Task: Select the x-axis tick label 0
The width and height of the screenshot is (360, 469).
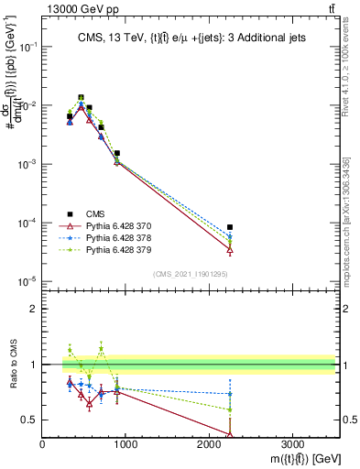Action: pyautogui.click(x=43, y=444)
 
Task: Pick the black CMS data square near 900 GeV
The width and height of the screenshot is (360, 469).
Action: pyautogui.click(x=117, y=153)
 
